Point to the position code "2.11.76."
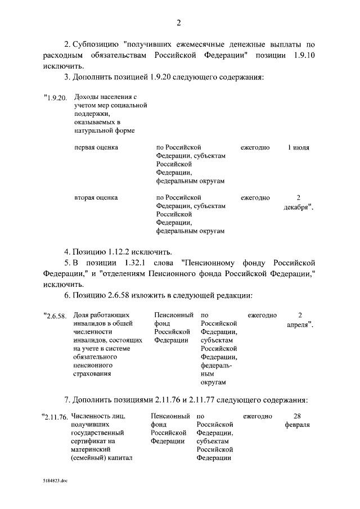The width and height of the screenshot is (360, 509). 56,417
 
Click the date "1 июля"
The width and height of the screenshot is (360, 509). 298,147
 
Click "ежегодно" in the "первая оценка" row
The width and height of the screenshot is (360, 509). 255,147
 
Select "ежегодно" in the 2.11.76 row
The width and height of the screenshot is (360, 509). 258,416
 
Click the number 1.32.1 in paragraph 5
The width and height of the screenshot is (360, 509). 133,263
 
